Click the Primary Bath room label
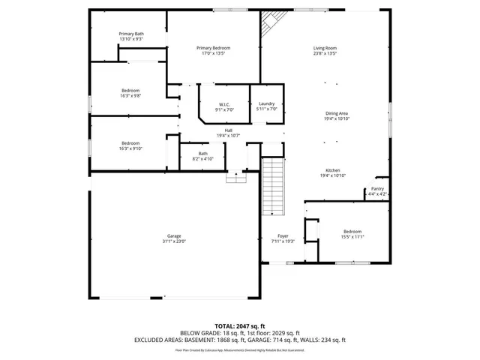tap(131, 34)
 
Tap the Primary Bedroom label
tap(213, 48)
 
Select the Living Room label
tap(325, 48)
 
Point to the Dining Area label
tap(336, 113)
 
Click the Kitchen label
tap(333, 170)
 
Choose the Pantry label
tap(377, 189)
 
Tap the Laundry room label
tap(267, 103)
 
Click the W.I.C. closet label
tap(223, 104)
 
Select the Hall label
tap(228, 130)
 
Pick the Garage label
tap(173, 236)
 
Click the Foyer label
tap(283, 235)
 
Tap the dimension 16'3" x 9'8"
tap(131, 96)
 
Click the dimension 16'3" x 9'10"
tap(131, 148)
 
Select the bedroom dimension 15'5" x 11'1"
tap(352, 237)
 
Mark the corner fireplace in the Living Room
tap(269, 27)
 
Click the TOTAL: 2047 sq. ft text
tap(240, 326)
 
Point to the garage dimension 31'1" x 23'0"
tap(173, 241)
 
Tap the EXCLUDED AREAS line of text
tap(240, 340)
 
